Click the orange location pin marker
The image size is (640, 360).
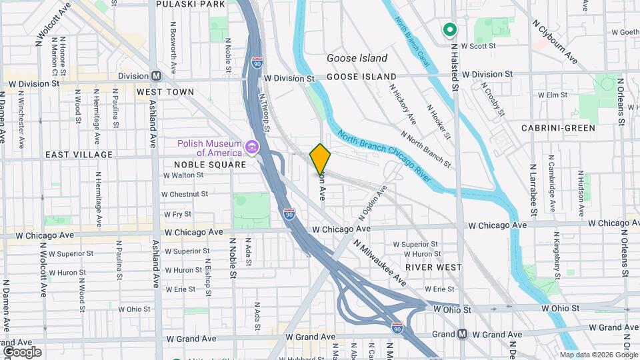321,159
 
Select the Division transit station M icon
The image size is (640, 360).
156,76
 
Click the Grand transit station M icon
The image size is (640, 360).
462,333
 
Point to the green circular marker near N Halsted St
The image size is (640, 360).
449,29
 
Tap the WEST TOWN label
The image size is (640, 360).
165,92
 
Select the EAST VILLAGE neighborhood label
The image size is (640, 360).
79,155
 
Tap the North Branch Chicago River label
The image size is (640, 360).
384,158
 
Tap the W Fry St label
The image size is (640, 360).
177,215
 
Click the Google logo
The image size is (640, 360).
22,352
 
